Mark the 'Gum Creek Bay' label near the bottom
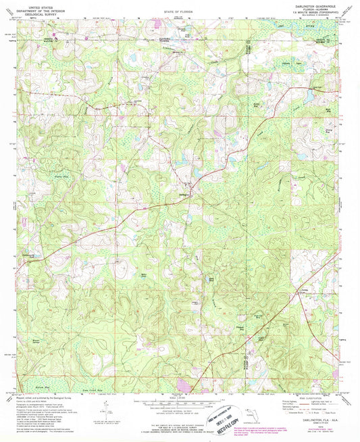[75, 381]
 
